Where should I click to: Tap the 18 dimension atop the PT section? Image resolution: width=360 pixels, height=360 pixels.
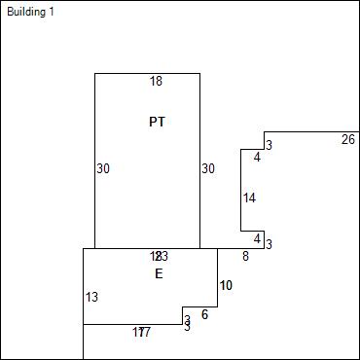(x=156, y=82)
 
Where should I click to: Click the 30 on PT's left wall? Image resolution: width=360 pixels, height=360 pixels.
(x=103, y=168)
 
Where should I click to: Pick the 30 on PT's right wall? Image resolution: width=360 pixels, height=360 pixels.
(x=208, y=168)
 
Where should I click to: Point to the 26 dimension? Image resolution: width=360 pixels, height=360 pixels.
(x=348, y=140)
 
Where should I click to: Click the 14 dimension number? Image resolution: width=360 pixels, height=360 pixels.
(x=249, y=198)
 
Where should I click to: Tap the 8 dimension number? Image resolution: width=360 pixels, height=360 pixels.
(x=245, y=256)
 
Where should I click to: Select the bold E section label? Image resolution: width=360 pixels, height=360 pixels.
(x=159, y=274)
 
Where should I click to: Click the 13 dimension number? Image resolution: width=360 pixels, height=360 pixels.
(x=91, y=297)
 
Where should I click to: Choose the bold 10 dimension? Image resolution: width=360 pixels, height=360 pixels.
(x=226, y=285)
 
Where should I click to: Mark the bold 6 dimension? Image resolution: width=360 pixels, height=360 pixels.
(x=205, y=314)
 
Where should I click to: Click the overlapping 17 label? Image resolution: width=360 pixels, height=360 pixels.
(x=142, y=333)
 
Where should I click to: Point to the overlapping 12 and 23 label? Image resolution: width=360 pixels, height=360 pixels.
(x=159, y=256)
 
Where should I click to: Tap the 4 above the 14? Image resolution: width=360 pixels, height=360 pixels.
(x=257, y=157)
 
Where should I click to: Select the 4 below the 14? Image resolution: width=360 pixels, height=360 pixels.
(x=257, y=238)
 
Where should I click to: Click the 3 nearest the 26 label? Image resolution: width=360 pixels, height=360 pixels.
(x=269, y=145)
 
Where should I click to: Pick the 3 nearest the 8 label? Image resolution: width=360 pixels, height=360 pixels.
(x=269, y=244)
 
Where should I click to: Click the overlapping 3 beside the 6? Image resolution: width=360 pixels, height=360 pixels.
(x=187, y=322)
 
